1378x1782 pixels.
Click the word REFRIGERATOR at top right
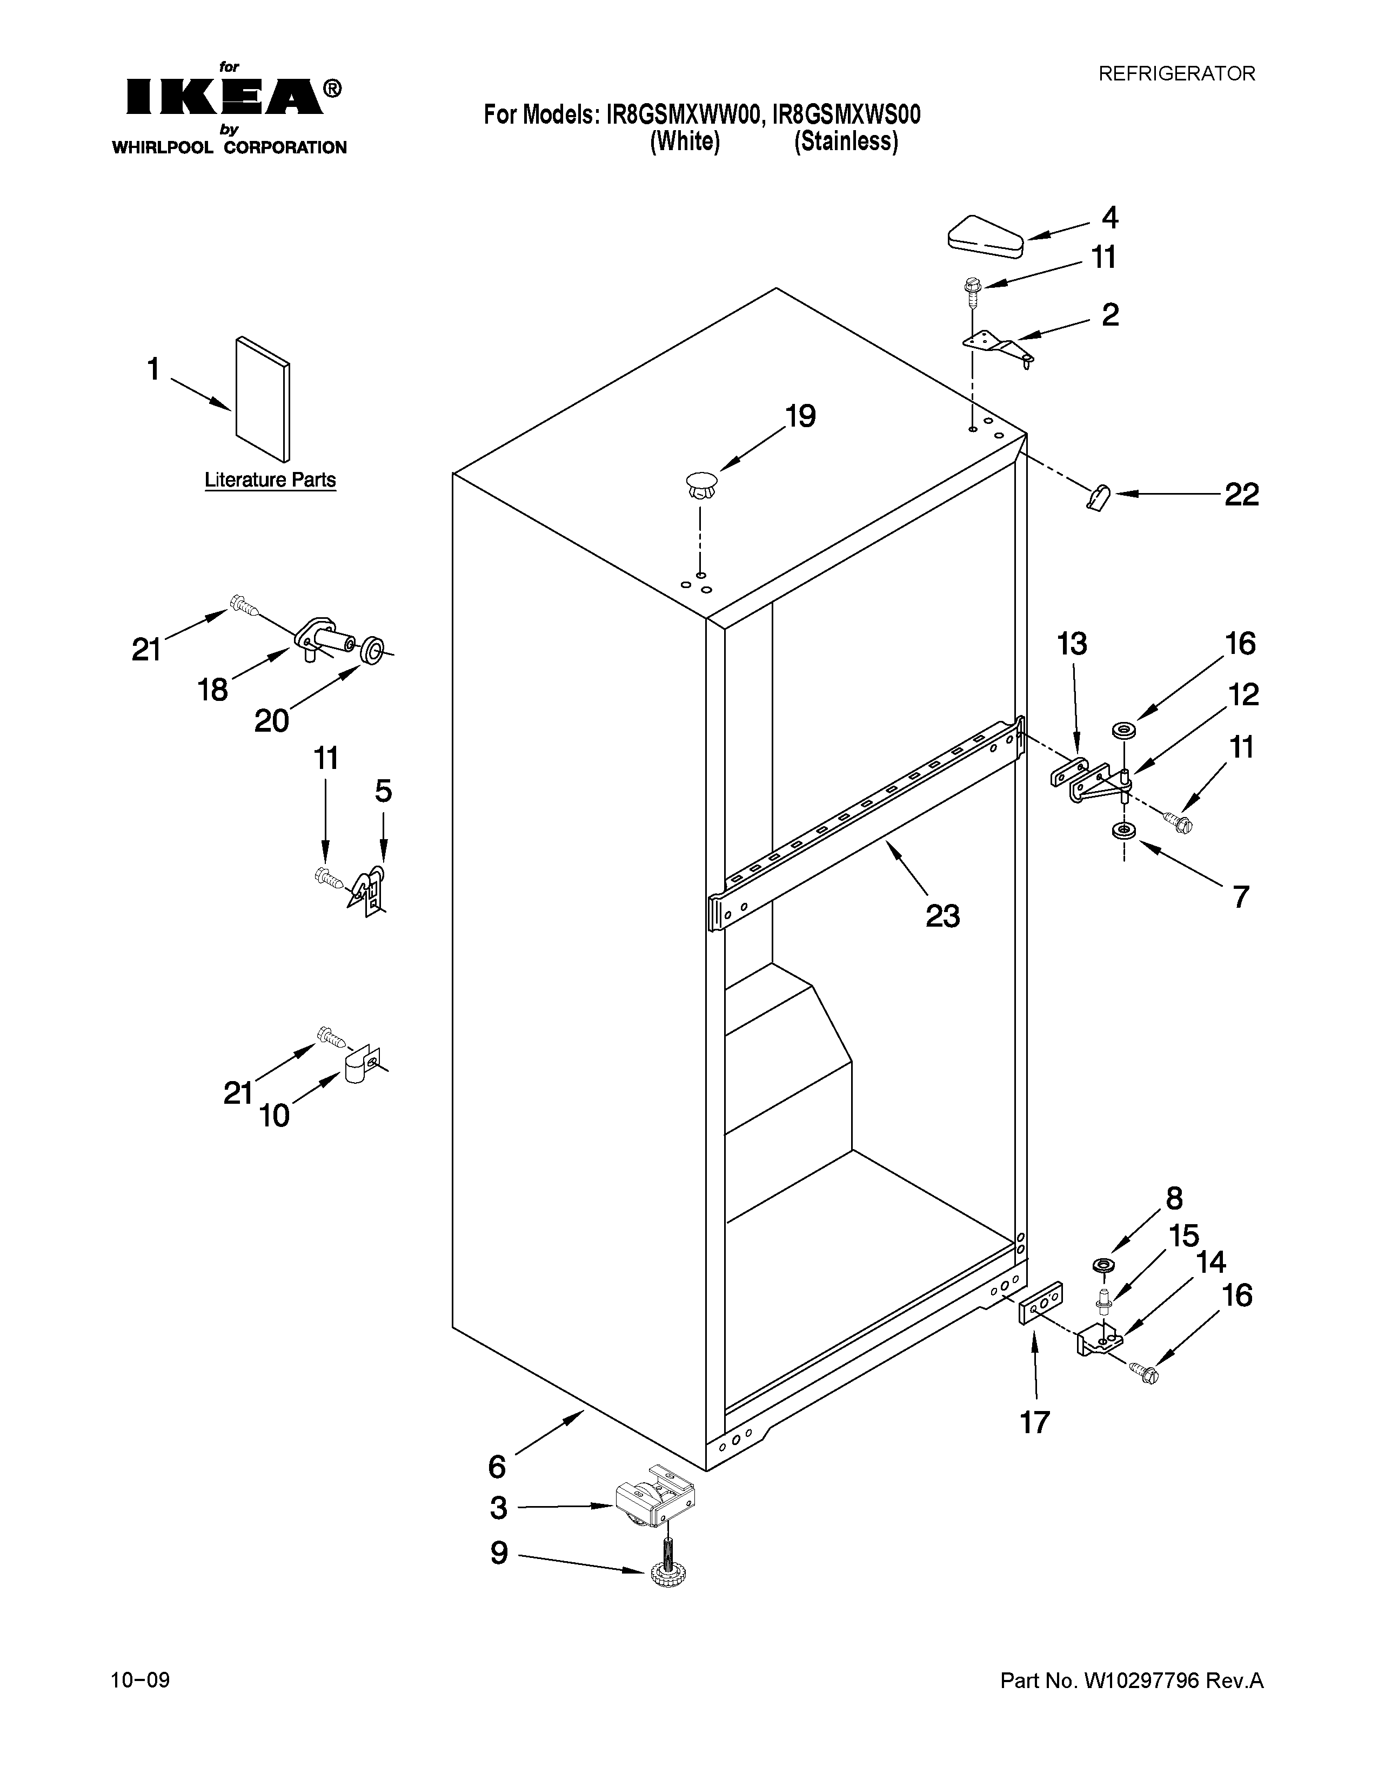pyautogui.click(x=1176, y=75)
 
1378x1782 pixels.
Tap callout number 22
pyautogui.click(x=1241, y=495)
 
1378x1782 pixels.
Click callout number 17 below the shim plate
pyautogui.click(x=1034, y=1422)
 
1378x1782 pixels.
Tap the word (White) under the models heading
pyautogui.click(x=684, y=142)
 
